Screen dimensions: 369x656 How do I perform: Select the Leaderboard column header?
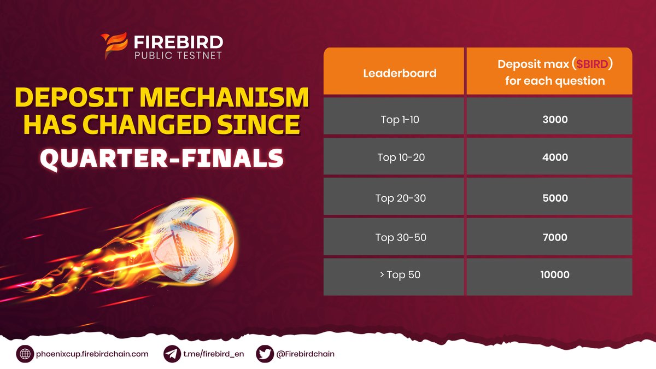(x=400, y=73)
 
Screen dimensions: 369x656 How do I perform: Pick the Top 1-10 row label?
(x=400, y=119)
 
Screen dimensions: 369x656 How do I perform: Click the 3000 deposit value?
(x=554, y=119)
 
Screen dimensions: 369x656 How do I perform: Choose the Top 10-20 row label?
(x=400, y=158)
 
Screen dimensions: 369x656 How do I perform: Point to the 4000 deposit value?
(x=554, y=158)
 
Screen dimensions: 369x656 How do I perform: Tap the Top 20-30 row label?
(x=400, y=198)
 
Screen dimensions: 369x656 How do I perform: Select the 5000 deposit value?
(x=554, y=198)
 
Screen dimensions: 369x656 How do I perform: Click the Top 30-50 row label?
(x=400, y=237)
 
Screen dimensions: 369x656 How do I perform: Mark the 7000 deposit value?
(x=554, y=237)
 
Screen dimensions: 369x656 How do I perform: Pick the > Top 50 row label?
(x=400, y=275)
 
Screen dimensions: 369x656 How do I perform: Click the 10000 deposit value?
(x=554, y=275)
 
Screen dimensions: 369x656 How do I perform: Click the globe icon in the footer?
(x=25, y=354)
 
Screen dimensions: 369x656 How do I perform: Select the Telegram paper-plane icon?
(x=172, y=354)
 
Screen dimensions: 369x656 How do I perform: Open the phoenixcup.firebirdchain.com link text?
(x=92, y=354)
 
